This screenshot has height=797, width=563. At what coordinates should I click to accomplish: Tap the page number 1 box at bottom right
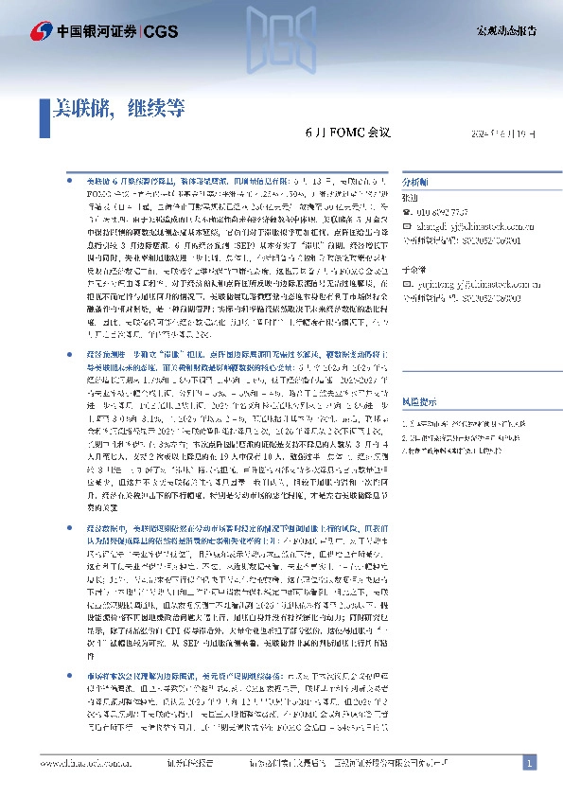tap(530, 762)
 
